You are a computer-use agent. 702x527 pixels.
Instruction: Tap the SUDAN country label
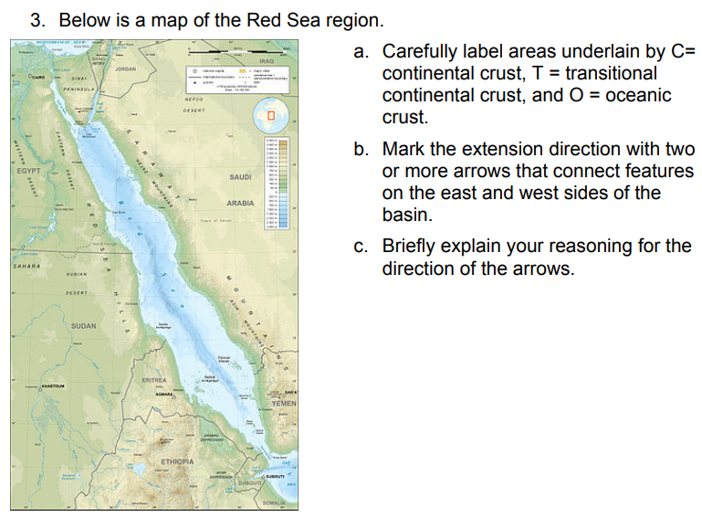[x=84, y=326]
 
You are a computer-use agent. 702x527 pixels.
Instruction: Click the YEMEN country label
[x=285, y=403]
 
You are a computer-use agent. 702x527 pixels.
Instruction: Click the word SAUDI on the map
[x=240, y=176]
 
